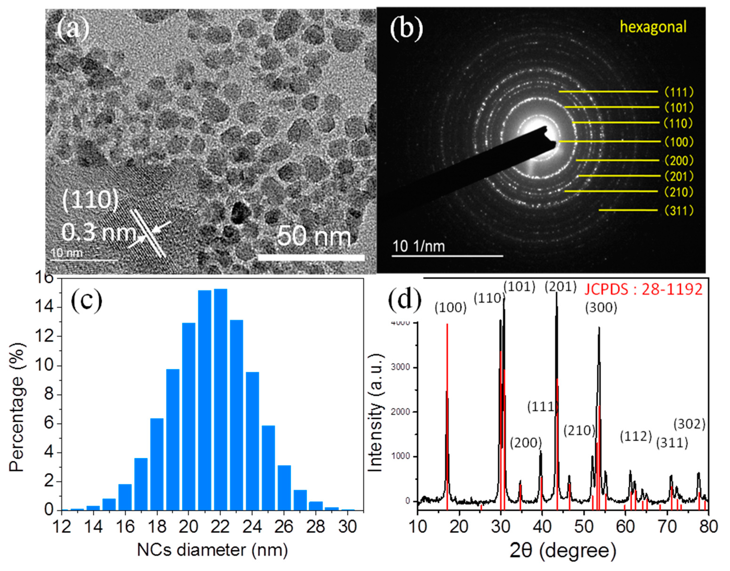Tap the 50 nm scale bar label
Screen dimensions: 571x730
[x=314, y=236]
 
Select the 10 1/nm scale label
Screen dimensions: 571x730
[x=419, y=246]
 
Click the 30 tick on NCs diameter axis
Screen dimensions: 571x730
[x=348, y=527]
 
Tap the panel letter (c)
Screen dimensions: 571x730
[x=86, y=300]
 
